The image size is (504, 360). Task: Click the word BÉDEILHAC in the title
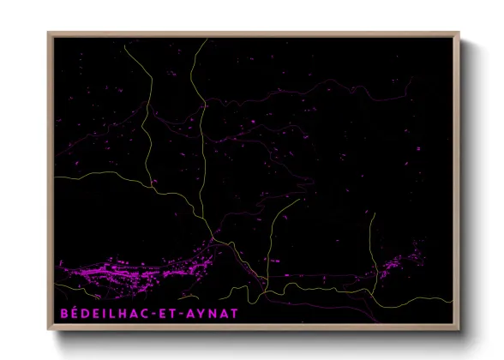coord(106,314)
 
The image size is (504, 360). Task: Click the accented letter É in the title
coord(74,314)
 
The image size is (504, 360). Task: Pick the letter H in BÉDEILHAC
coord(128,314)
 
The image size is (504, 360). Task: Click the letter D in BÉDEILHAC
coord(85,314)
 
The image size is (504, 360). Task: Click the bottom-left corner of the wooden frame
coord(49,330)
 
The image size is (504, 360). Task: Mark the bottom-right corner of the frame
coord(459,330)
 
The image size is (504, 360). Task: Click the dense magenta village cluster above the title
coord(129,273)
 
